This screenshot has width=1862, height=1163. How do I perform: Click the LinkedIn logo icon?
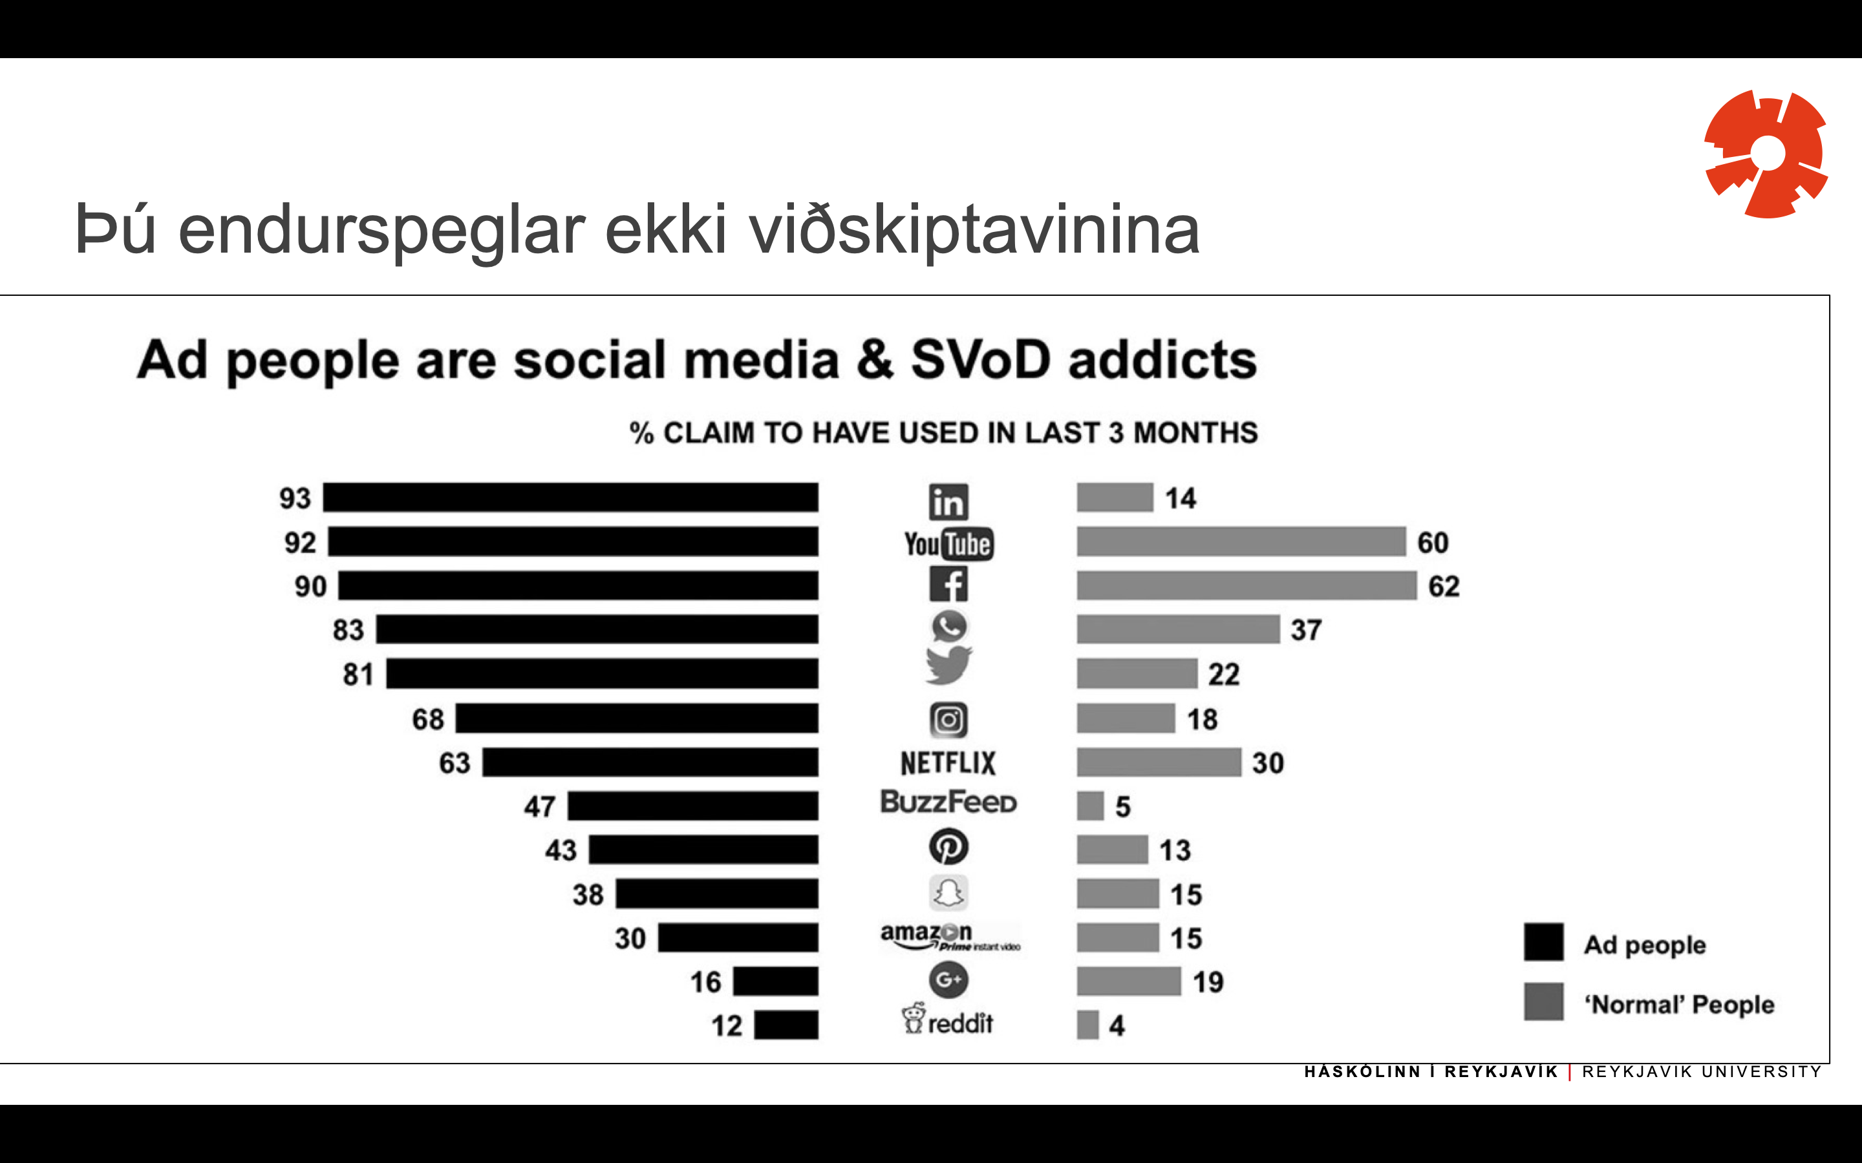coord(948,502)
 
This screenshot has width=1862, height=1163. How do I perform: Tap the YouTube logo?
coord(948,545)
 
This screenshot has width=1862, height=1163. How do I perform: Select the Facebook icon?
coord(948,585)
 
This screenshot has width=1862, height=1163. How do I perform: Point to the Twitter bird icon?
coord(948,665)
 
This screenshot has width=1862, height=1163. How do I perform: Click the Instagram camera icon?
coord(948,720)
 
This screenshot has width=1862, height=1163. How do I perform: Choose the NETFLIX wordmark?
coord(948,763)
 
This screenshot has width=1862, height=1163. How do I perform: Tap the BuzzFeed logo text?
coord(948,802)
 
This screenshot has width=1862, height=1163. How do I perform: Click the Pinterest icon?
coord(948,847)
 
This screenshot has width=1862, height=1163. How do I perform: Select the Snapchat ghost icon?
coord(948,893)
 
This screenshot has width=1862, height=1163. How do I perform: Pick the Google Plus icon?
coord(948,979)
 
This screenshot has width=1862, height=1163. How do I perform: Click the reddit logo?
coord(948,1022)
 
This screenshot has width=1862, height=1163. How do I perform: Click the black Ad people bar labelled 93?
coord(570,498)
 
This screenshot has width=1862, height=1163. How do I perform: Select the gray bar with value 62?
coord(1246,585)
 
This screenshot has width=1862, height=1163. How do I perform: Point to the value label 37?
coord(1306,630)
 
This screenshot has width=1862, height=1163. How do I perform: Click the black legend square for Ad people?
coord(1543,942)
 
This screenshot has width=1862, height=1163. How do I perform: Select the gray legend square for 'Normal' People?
coord(1543,1001)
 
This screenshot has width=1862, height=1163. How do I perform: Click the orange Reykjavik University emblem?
coord(1766,154)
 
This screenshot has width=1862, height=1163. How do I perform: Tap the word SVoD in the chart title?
coord(980,360)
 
